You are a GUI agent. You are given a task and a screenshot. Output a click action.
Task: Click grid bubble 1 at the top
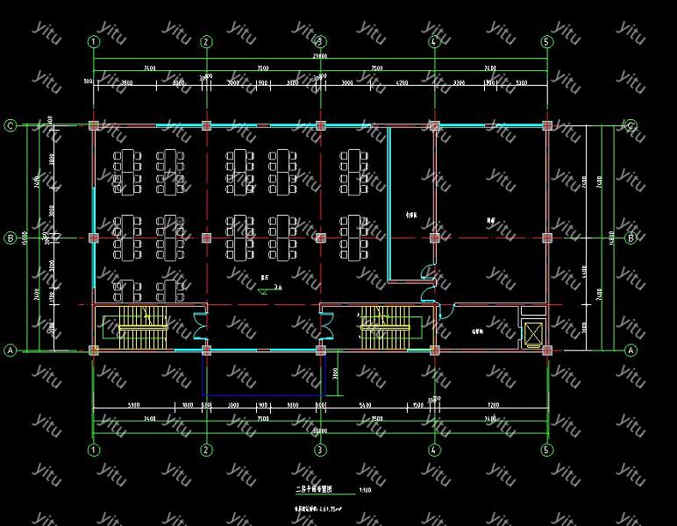[x=93, y=41]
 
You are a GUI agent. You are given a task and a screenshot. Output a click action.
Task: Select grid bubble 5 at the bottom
[x=547, y=450]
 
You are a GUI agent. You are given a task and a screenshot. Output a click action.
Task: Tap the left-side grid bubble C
[x=11, y=125]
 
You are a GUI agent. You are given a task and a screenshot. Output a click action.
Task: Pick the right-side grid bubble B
[x=630, y=238]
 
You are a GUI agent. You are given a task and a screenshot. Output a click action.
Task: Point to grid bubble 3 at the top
[x=320, y=41]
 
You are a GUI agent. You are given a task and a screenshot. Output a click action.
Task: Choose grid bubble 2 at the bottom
[x=206, y=450]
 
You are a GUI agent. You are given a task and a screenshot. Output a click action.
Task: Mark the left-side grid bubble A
[x=11, y=350]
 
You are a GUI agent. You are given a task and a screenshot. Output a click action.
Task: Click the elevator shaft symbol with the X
[x=532, y=334]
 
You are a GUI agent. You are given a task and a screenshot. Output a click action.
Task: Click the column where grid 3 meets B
[x=320, y=238]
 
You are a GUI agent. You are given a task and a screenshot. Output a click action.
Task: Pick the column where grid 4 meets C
[x=433, y=125]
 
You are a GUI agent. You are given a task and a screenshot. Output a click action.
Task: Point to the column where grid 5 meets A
[x=547, y=350]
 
